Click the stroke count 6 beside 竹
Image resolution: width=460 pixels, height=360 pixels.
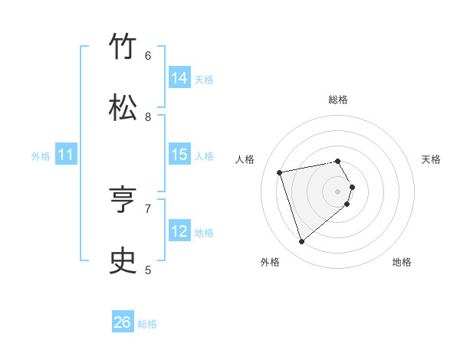(148, 55)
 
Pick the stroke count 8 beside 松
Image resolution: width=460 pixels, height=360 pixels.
(148, 116)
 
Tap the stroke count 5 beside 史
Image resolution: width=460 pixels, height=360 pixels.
(148, 270)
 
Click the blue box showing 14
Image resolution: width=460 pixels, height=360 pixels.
(179, 78)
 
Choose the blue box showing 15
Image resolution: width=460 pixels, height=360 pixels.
(179, 155)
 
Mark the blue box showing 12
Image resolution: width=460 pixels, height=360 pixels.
(179, 231)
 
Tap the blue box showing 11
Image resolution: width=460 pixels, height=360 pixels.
(66, 155)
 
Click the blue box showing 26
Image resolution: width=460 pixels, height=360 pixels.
(123, 323)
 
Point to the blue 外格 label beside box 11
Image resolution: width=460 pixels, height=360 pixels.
(41, 156)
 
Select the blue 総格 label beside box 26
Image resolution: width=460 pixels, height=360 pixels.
(147, 324)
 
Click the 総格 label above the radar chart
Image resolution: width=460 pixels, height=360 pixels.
(338, 100)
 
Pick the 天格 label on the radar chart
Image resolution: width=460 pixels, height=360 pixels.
(431, 159)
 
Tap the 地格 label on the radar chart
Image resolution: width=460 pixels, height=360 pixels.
(402, 262)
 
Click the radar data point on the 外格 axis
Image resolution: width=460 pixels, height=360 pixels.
(301, 242)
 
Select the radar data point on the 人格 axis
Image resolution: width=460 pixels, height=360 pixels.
(280, 172)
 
